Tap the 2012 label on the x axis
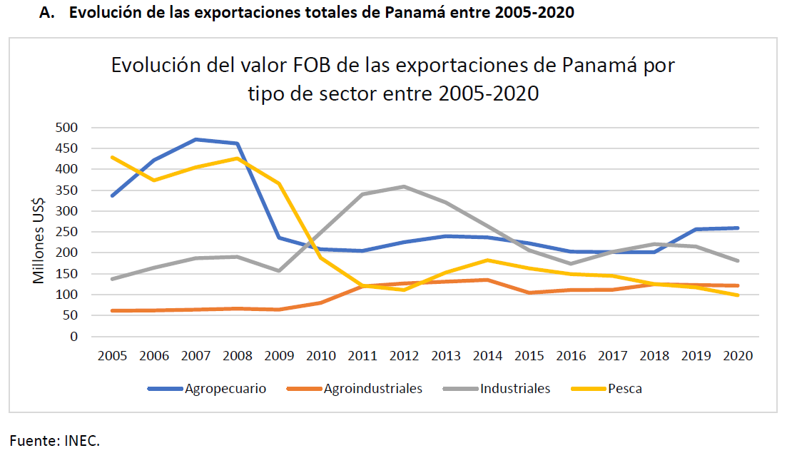pyautogui.click(x=404, y=355)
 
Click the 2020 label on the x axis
pyautogui.click(x=737, y=355)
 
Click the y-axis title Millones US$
pyautogui.click(x=39, y=232)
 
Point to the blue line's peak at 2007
pyautogui.click(x=196, y=139)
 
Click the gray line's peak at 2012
pyautogui.click(x=404, y=186)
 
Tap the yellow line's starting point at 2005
pyautogui.click(x=112, y=157)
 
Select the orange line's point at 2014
pyautogui.click(x=487, y=280)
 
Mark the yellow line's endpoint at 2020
pyautogui.click(x=737, y=295)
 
